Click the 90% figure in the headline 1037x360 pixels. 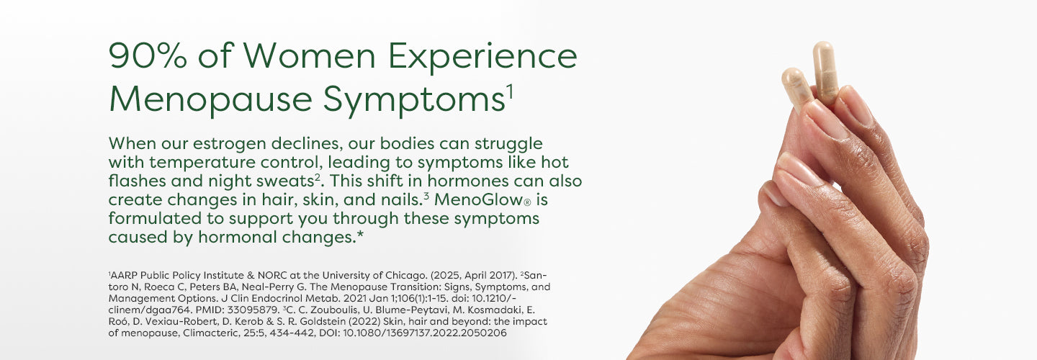pos(148,55)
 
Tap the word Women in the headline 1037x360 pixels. pos(309,55)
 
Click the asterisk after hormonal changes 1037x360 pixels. pos(360,235)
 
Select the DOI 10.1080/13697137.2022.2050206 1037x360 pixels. pos(425,333)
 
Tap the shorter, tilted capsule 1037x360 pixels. pos(796,88)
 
